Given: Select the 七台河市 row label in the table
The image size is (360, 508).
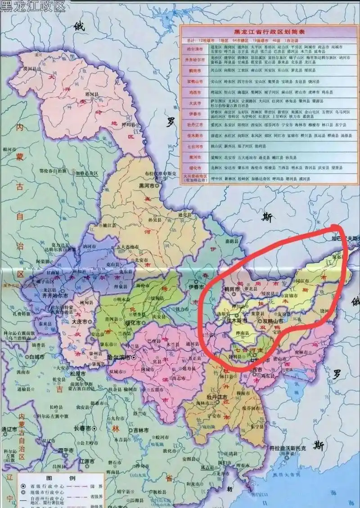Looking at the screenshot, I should coord(194,147).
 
